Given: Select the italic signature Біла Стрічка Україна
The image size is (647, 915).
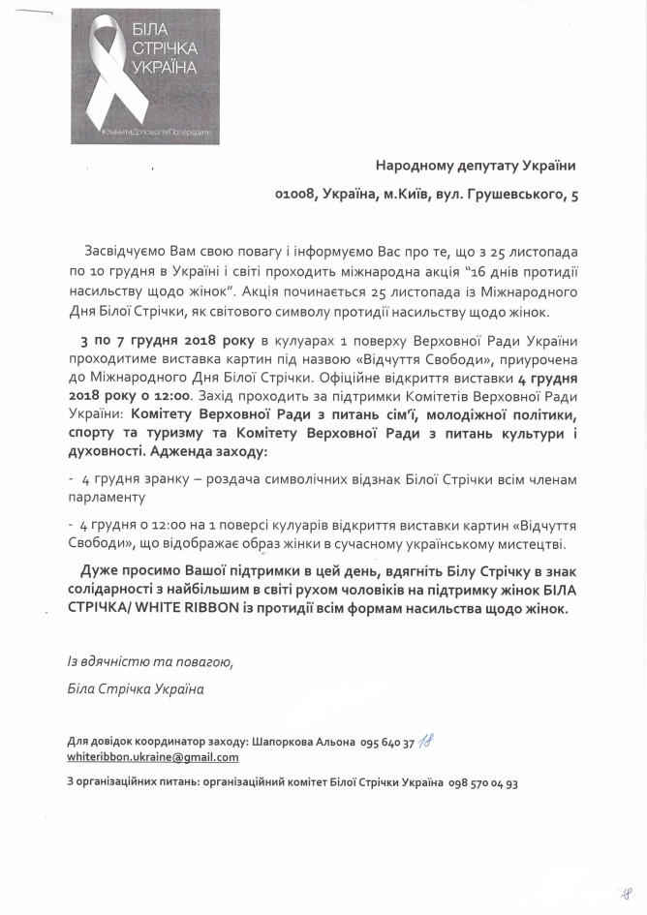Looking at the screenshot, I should coord(131,689).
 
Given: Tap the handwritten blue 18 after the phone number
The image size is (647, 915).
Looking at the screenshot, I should coord(425,740).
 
